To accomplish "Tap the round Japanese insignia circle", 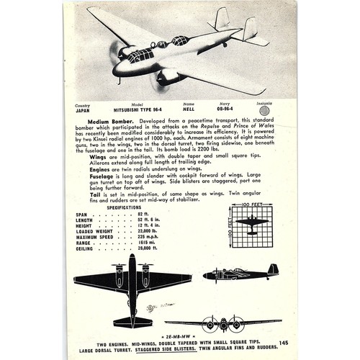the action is (x=265, y=111).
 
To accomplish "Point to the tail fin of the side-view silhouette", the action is (x=273, y=269).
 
